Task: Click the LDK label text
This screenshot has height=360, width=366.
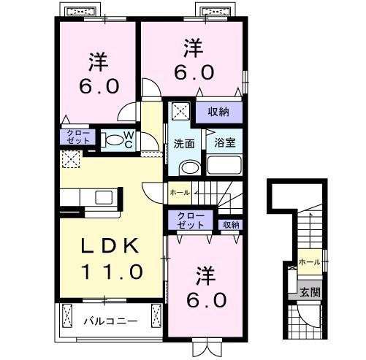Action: coord(109,248)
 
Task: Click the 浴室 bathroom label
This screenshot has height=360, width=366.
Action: coord(224,143)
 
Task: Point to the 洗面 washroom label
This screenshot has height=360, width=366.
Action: coord(184,143)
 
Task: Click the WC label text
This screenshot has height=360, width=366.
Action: coord(127,138)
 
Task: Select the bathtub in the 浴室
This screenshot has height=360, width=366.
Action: coord(224,164)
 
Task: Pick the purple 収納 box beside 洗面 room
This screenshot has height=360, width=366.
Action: coord(218,112)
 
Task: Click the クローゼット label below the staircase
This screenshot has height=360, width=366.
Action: coord(191,221)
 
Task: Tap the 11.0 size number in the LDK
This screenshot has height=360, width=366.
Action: coord(111,272)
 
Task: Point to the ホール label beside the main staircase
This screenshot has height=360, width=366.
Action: coord(180,192)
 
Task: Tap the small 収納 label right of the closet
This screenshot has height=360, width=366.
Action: coord(230,225)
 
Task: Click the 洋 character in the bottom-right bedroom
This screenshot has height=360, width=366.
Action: coord(205,275)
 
